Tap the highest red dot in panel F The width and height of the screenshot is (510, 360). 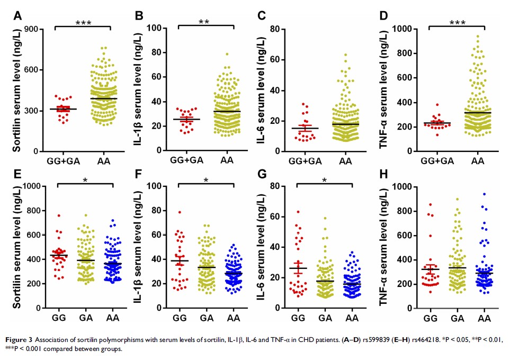[x=180, y=212]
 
